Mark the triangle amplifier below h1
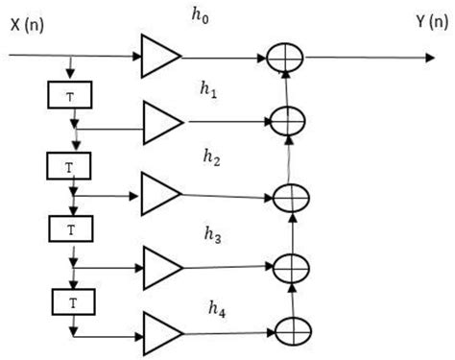point(161,122)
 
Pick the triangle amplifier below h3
point(159,263)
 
